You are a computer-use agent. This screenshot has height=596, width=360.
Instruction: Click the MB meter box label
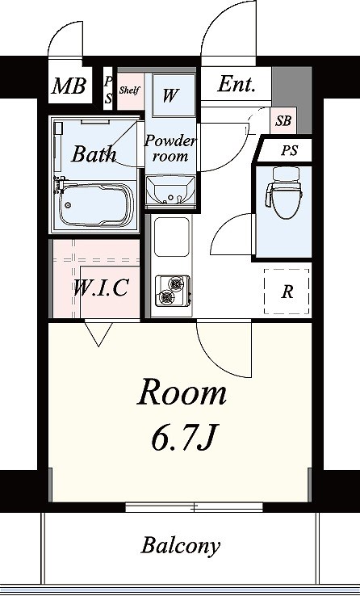(x=69, y=86)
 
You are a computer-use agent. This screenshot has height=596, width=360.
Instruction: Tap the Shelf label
(x=129, y=90)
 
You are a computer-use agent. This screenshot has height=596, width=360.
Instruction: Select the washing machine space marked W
(x=174, y=95)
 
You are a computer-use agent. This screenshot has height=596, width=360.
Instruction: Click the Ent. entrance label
(x=236, y=84)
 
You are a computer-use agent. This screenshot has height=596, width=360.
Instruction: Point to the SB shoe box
(x=283, y=120)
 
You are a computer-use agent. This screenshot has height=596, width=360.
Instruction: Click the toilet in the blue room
(x=284, y=193)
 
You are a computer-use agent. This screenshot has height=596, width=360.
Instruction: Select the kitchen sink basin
(x=171, y=237)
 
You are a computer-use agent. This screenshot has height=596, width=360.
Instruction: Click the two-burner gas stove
(x=172, y=291)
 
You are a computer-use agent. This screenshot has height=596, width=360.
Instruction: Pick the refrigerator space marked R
(x=287, y=292)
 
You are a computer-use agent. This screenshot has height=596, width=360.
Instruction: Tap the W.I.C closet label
(x=100, y=288)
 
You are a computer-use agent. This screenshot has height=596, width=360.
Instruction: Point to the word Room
(x=182, y=393)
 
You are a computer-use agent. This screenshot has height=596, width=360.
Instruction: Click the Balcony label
(x=181, y=546)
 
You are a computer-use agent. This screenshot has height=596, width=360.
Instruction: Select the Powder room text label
(x=170, y=148)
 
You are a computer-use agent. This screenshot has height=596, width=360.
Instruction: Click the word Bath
(x=94, y=153)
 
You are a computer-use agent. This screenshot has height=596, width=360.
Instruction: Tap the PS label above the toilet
(x=289, y=150)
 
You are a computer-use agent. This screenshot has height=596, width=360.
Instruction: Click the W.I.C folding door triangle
(x=98, y=333)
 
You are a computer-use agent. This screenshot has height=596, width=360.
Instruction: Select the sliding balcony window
(x=194, y=506)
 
